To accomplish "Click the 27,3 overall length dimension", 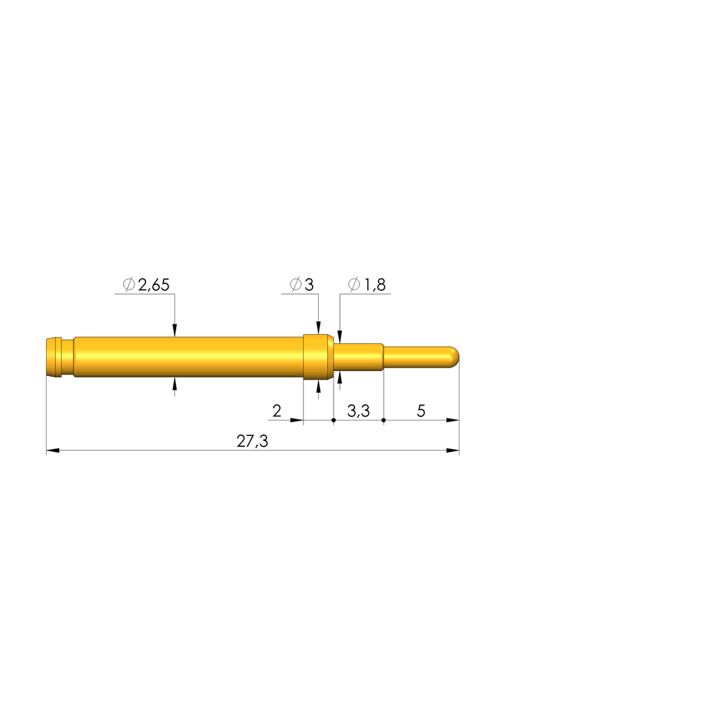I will pyautogui.click(x=252, y=441).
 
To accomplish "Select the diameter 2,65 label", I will pyautogui.click(x=146, y=284).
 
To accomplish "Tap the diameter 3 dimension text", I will pyautogui.click(x=302, y=284).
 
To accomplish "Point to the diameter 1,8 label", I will pyautogui.click(x=366, y=284).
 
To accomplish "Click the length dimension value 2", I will pyautogui.click(x=276, y=411).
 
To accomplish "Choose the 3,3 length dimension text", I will pyautogui.click(x=358, y=411).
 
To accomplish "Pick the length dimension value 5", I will pyautogui.click(x=421, y=411).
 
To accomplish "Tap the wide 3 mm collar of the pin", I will pyautogui.click(x=318, y=357).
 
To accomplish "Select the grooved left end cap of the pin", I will pyautogui.click(x=53, y=356).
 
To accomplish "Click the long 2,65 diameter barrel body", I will pyautogui.click(x=188, y=357).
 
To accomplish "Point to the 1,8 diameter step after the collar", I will pyautogui.click(x=358, y=357).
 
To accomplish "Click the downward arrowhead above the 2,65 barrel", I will pyautogui.click(x=175, y=330).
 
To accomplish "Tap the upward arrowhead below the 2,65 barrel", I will pyautogui.click(x=175, y=384).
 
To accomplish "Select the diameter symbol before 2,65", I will pyautogui.click(x=128, y=284).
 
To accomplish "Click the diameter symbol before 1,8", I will pyautogui.click(x=354, y=284).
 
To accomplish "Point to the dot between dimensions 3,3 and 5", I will pyautogui.click(x=384, y=421).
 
